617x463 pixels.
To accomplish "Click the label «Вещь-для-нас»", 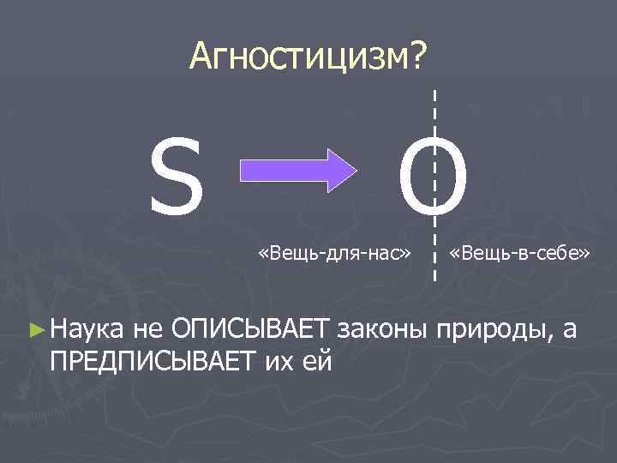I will [x=335, y=254].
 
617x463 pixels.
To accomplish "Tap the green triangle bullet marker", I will [x=35, y=328].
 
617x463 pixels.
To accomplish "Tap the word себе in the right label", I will [x=560, y=254].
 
